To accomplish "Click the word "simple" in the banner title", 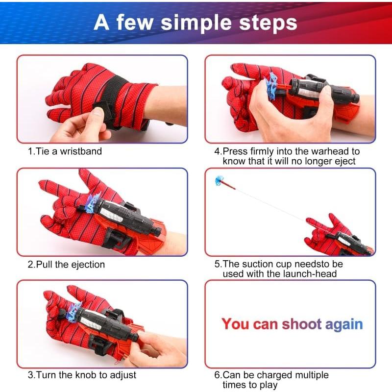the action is coord(196,24).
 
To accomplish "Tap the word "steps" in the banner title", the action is coord(268,23).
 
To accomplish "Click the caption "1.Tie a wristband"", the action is coord(65,151).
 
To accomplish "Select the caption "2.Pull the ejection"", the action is coord(66,265).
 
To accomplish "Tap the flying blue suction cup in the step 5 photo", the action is coord(219,180).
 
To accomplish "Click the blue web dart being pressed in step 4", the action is coord(272,85).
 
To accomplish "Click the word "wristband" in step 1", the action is coord(81,151).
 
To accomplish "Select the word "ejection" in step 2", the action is coord(88,265).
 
